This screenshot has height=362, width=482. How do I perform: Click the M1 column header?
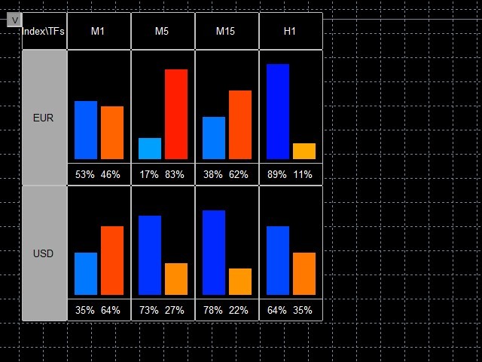pyautogui.click(x=98, y=31)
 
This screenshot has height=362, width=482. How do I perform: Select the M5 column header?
pyautogui.click(x=162, y=31)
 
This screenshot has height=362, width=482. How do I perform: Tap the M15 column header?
pyautogui.click(x=226, y=31)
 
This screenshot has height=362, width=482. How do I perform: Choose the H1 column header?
pyautogui.click(x=290, y=31)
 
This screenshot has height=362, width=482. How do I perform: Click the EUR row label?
pyautogui.click(x=44, y=118)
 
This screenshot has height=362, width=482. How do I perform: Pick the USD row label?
pyautogui.click(x=44, y=253)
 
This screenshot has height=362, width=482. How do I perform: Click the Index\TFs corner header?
pyautogui.click(x=44, y=31)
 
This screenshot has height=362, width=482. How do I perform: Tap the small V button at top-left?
pyautogui.click(x=14, y=20)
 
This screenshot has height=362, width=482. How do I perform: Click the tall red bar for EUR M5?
pyautogui.click(x=176, y=114)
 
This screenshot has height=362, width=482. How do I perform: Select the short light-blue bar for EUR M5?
pyautogui.click(x=150, y=149)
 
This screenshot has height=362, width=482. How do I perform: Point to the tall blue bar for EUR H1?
pyautogui.click(x=278, y=112)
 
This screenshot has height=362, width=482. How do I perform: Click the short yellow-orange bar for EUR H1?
pyautogui.click(x=304, y=151)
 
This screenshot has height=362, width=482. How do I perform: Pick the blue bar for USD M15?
pyautogui.click(x=214, y=253)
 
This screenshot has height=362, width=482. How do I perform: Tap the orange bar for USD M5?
pyautogui.click(x=176, y=279)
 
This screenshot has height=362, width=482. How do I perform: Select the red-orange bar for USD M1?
pyautogui.click(x=112, y=260)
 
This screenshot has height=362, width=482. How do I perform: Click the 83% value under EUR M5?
pyautogui.click(x=175, y=174)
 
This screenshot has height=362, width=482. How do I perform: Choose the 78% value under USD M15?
pyautogui.click(x=212, y=310)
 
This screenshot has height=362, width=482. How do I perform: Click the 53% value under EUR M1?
pyautogui.click(x=84, y=174)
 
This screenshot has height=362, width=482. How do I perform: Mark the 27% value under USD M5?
pyautogui.click(x=175, y=310)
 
